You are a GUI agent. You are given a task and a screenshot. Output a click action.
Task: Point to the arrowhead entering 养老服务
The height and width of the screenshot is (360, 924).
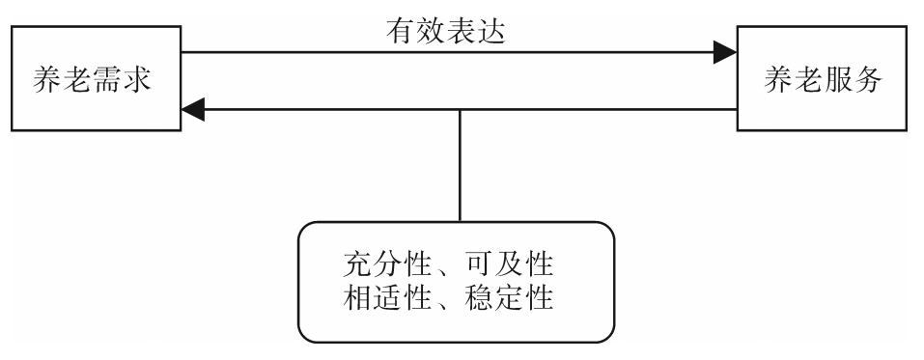coord(724,53)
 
